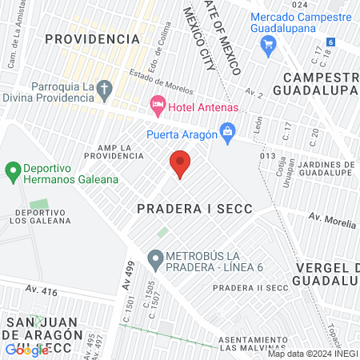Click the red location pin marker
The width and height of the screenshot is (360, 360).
click(180, 164)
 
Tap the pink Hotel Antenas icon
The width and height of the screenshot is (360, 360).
click(158, 105)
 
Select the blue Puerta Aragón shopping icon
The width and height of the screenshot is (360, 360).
click(228, 130)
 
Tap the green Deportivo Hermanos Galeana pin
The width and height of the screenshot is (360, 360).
click(12, 170)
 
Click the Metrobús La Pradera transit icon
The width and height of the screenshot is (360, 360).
click(155, 258)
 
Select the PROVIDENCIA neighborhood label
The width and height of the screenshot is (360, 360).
click(98, 38)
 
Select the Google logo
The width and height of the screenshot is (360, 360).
click(27, 349)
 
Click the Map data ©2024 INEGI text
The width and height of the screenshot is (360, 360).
click(312, 354)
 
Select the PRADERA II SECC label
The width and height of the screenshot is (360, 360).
click(250, 287)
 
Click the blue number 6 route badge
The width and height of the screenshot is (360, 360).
click(330, 42)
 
